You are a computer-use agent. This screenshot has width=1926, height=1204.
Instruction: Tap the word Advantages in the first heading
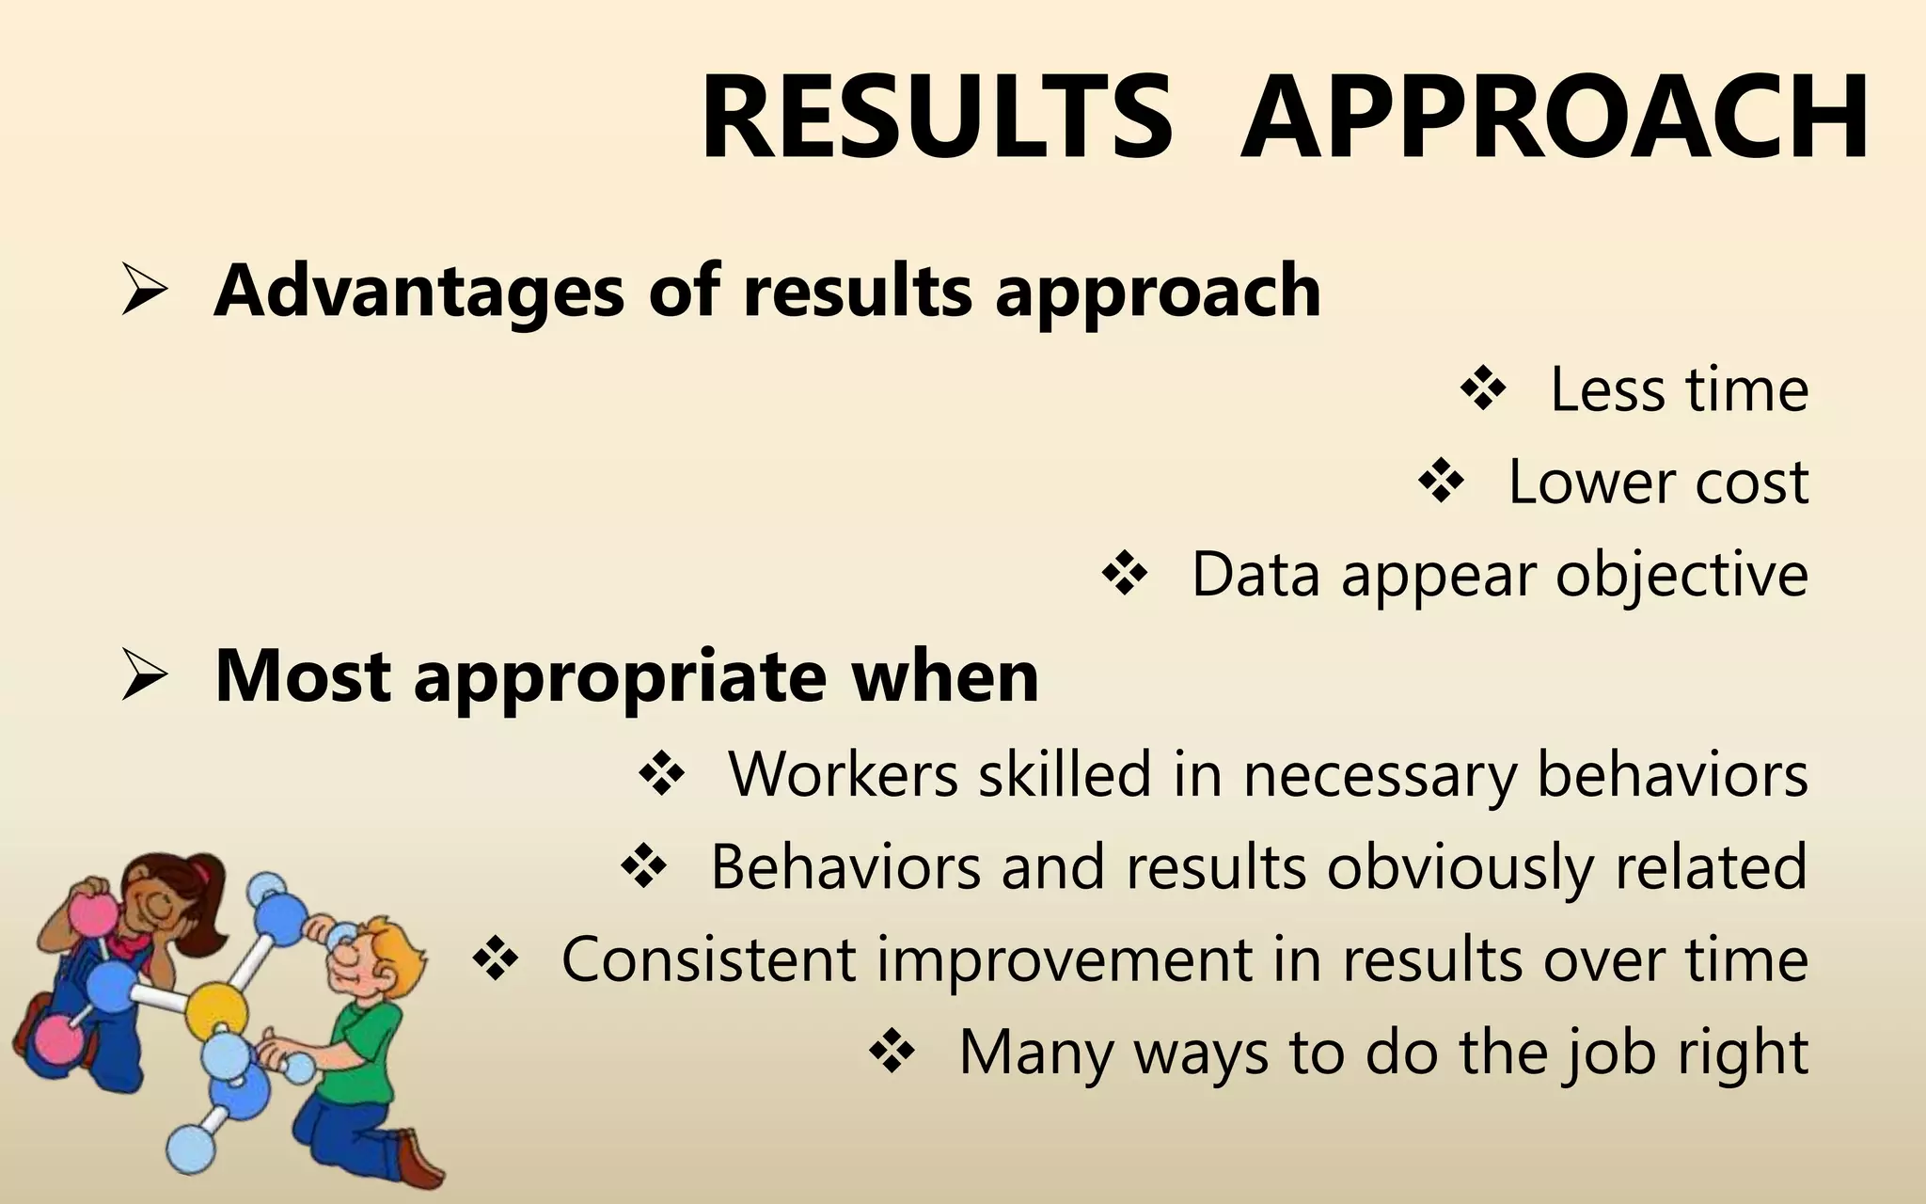[418, 291]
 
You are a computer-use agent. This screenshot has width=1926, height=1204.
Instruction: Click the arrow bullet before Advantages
[144, 293]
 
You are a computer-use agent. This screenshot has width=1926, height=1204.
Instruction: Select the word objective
[1681, 575]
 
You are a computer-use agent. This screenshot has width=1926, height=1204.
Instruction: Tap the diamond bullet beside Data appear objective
[1125, 575]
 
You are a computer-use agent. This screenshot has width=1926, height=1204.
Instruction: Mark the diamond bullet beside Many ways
[892, 1052]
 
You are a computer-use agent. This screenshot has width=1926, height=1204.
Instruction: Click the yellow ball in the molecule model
[215, 1011]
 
